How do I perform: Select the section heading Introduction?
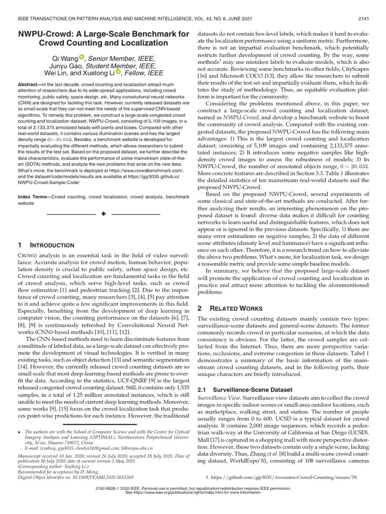52,245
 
